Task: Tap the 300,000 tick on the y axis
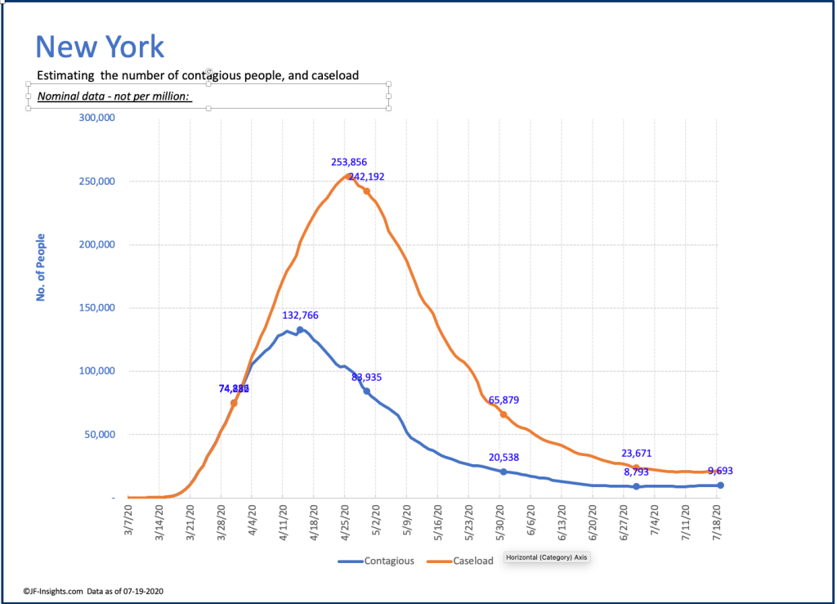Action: coord(96,118)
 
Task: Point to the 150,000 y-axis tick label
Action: coord(96,308)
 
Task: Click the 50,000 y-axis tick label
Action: coord(100,435)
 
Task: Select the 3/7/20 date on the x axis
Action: coord(129,519)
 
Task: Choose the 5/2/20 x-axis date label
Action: coord(377,519)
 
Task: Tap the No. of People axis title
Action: coord(40,267)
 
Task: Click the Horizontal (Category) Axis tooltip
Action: coord(547,557)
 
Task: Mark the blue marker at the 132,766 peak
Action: coord(300,329)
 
